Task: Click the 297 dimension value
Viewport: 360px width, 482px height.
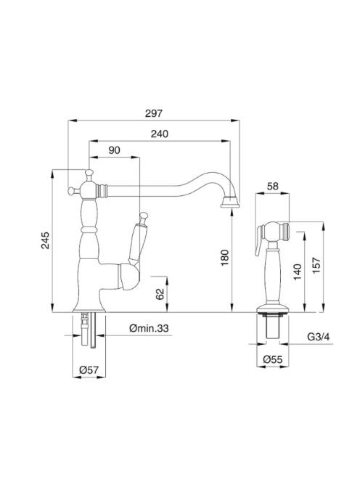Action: (153, 113)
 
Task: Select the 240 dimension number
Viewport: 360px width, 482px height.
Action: (160, 134)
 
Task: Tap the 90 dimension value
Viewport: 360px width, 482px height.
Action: (114, 150)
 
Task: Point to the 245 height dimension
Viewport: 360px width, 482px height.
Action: (45, 240)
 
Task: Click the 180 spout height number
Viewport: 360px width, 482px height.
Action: (225, 258)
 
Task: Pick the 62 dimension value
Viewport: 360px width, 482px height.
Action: (160, 294)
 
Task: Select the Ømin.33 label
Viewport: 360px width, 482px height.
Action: (149, 328)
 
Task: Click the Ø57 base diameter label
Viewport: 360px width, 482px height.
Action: (89, 370)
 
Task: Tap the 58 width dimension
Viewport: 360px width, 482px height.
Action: (272, 187)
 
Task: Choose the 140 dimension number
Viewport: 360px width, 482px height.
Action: (298, 271)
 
